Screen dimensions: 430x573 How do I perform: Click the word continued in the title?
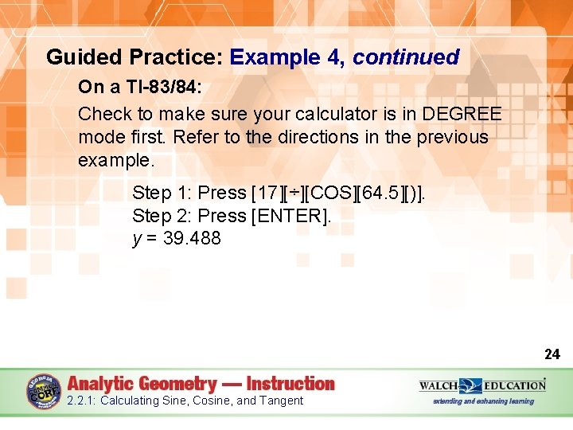click(x=406, y=57)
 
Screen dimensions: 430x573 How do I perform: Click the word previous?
click(x=447, y=137)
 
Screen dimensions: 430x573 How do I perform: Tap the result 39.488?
click(x=192, y=239)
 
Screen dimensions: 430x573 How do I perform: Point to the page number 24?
click(x=552, y=354)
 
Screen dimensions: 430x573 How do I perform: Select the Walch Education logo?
click(x=482, y=386)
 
